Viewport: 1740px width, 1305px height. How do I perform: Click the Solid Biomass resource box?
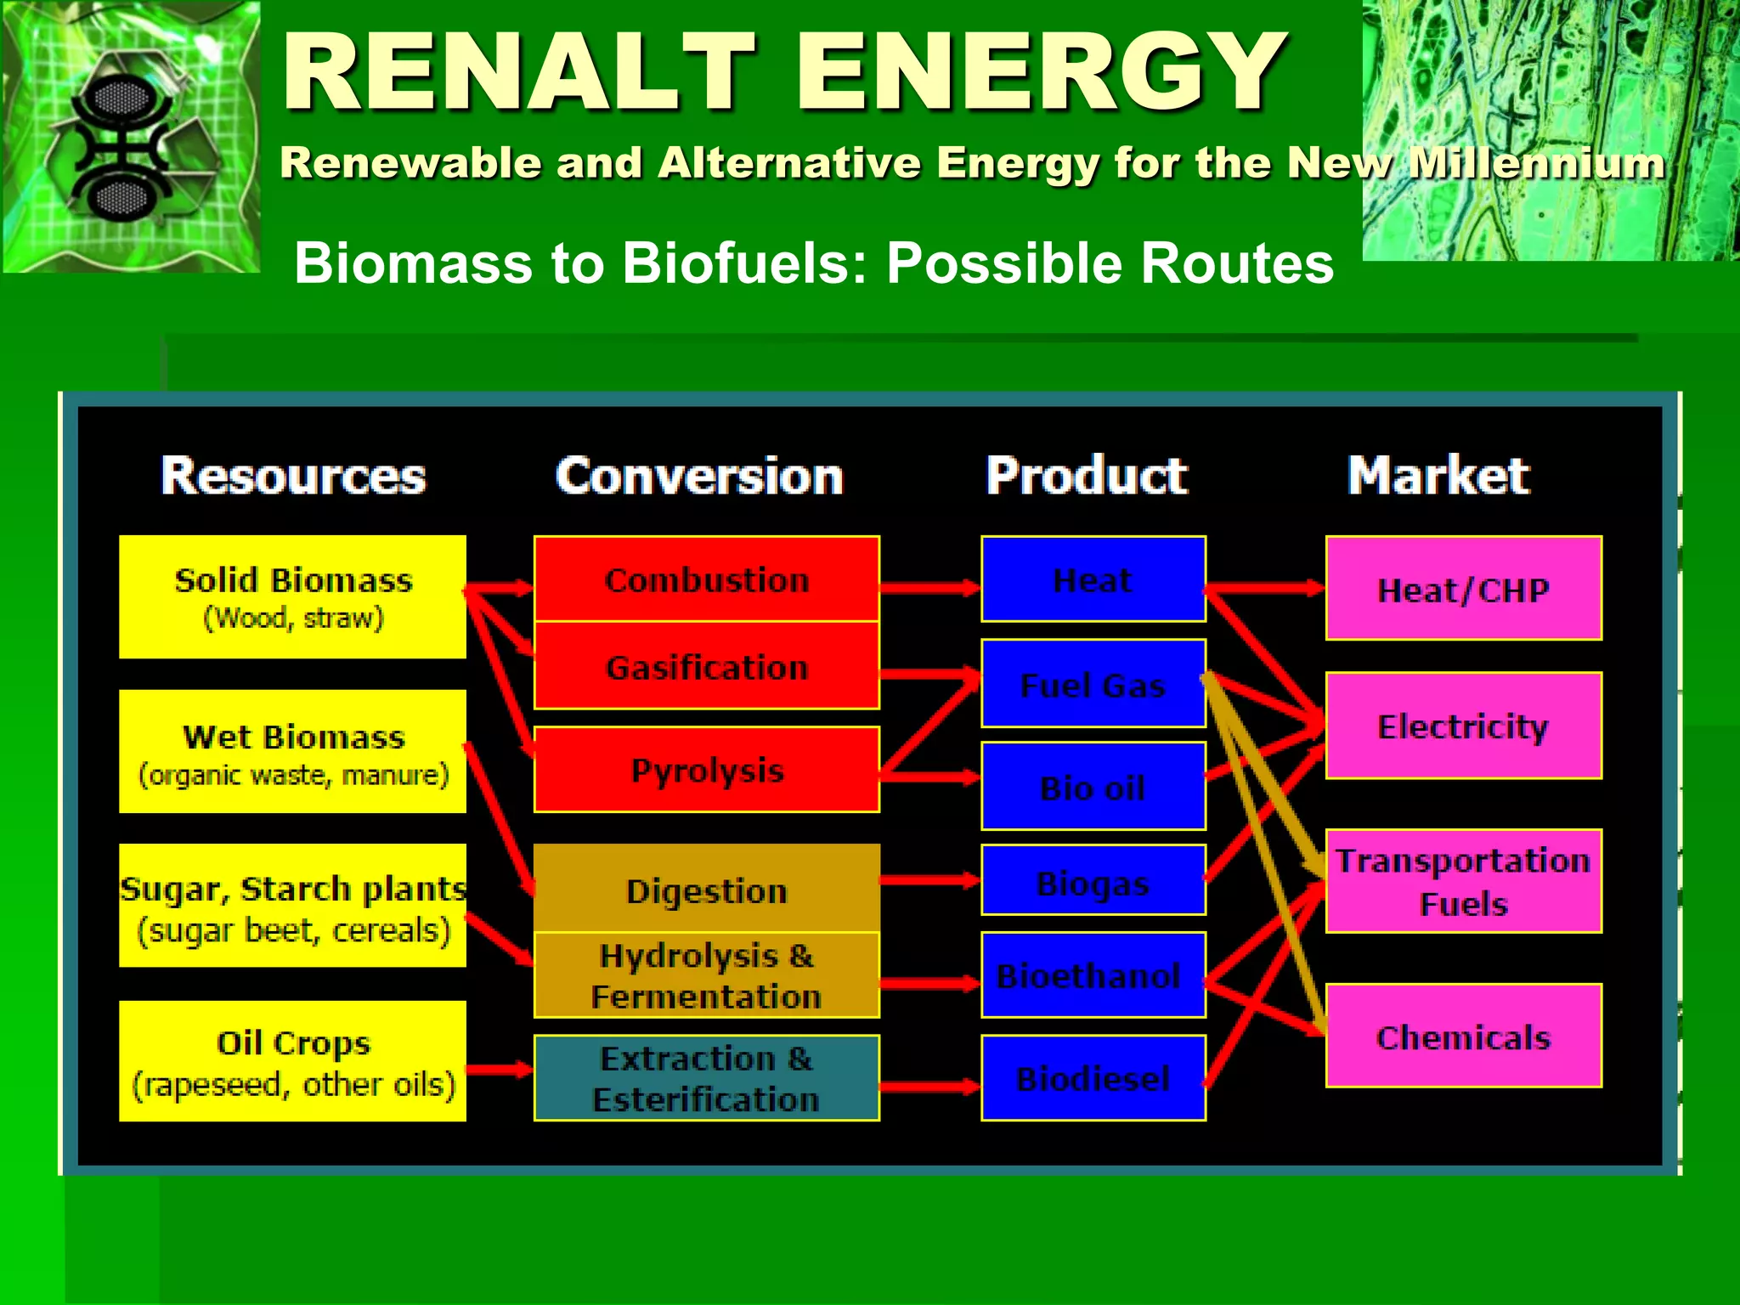(x=292, y=596)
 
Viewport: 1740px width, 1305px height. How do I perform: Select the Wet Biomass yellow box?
(x=292, y=752)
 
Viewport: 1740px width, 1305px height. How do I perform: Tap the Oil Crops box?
(x=292, y=1061)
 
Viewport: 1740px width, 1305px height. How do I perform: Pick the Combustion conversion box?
(x=706, y=579)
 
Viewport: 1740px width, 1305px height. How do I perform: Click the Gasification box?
(x=706, y=667)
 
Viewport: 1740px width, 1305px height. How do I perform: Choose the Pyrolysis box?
(x=706, y=770)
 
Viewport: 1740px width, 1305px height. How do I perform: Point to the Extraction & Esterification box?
(x=706, y=1078)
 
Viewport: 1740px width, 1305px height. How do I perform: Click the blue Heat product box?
(x=1093, y=579)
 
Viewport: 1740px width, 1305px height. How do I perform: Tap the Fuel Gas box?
(x=1093, y=684)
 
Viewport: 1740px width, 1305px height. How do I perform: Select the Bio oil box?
(x=1093, y=787)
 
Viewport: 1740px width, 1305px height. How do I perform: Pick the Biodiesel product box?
(x=1093, y=1078)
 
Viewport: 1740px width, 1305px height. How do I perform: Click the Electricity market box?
(x=1463, y=726)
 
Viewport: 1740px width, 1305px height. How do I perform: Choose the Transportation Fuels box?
(x=1463, y=881)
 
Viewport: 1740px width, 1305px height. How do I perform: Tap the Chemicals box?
(x=1463, y=1037)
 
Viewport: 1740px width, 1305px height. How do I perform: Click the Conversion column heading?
(x=698, y=476)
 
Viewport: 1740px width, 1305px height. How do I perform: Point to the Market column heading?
(x=1438, y=476)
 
